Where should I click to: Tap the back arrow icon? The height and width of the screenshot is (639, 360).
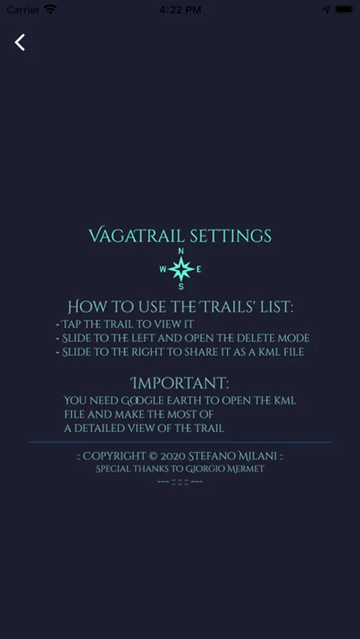(x=20, y=43)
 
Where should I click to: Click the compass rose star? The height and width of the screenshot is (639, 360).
(x=181, y=269)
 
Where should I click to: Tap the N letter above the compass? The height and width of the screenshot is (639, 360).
(x=181, y=251)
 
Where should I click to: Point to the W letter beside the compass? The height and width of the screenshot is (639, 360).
(x=163, y=269)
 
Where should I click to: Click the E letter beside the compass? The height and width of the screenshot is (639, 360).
(x=199, y=269)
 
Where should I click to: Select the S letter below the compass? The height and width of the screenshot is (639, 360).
(x=181, y=287)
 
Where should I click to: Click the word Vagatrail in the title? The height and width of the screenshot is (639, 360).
(x=133, y=236)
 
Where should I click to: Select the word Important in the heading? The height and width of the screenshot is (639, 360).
(x=180, y=383)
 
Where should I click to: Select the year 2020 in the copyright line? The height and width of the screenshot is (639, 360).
(x=173, y=456)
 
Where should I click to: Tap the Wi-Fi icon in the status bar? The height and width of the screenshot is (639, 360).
(x=50, y=9)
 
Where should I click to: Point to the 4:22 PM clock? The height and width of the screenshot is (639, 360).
(x=180, y=10)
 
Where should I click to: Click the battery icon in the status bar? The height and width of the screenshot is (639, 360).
(x=344, y=9)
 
